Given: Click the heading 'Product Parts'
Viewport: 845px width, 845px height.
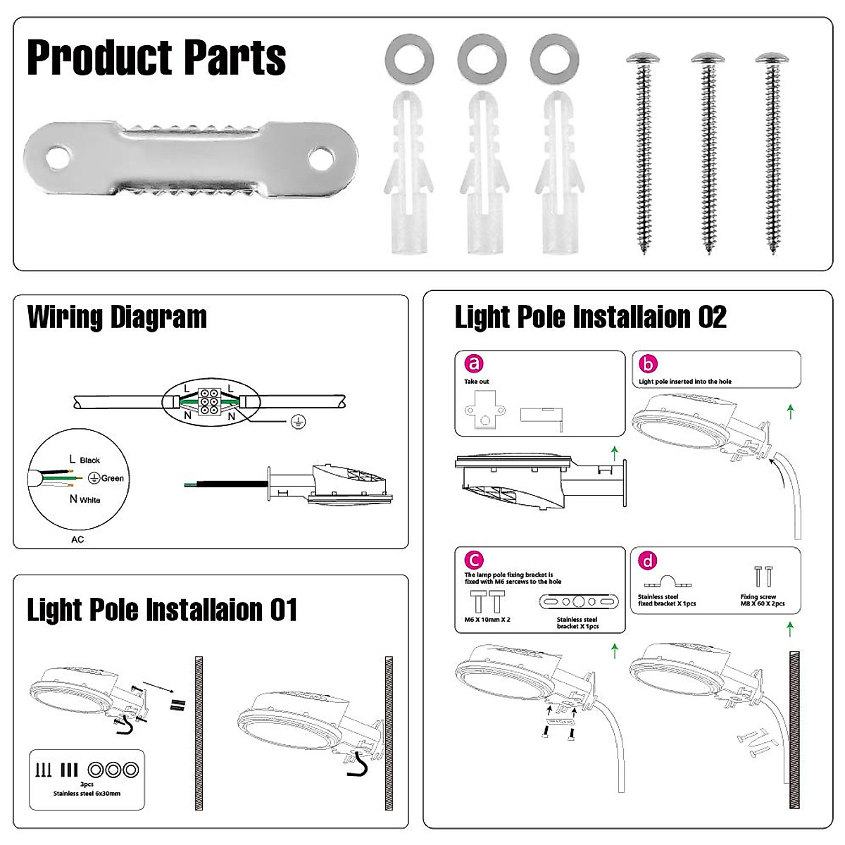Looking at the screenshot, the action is [x=156, y=58].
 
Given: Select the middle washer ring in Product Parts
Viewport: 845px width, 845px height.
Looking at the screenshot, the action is [x=482, y=59].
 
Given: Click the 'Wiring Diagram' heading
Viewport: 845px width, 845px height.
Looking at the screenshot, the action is [x=117, y=318].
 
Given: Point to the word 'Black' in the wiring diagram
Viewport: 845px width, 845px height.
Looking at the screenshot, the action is [x=90, y=461].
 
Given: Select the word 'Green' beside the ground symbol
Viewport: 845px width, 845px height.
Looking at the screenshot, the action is [x=113, y=478].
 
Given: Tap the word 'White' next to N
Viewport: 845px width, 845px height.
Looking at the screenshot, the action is [x=90, y=500].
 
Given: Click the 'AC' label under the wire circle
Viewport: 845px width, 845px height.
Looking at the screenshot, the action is [x=77, y=539].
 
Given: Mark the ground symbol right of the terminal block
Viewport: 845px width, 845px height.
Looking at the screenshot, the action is [x=299, y=421].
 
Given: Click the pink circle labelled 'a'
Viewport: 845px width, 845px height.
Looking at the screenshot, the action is [x=475, y=363].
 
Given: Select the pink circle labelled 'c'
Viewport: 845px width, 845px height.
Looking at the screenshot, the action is [x=475, y=561].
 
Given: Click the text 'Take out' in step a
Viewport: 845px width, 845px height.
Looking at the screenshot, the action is [x=477, y=382].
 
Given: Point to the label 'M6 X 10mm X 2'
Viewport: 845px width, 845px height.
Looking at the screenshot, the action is [x=487, y=620].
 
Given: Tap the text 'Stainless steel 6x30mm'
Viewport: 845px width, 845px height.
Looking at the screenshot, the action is [x=87, y=794].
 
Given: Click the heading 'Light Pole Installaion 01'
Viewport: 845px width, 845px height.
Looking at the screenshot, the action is [x=162, y=610].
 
